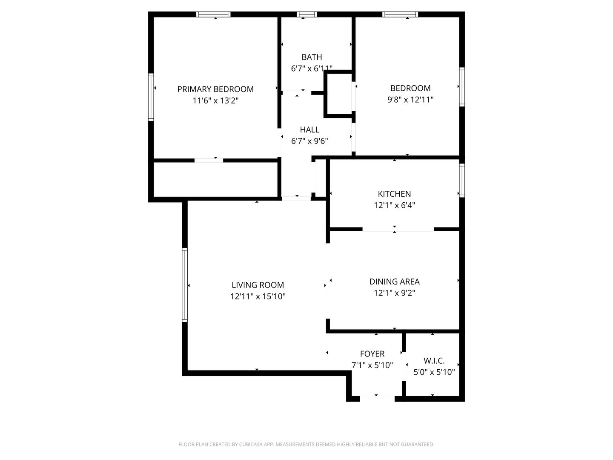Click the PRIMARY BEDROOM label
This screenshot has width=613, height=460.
click(215, 89)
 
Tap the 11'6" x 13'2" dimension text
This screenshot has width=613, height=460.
click(215, 101)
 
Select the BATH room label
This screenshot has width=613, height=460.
click(312, 57)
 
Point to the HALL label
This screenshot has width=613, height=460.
click(309, 129)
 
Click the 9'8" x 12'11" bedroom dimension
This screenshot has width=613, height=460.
click(410, 100)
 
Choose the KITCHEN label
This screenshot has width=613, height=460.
click(394, 194)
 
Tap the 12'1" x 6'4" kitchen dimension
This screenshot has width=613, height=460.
click(394, 205)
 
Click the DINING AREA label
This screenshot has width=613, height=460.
click(394, 282)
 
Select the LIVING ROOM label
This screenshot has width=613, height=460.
click(258, 285)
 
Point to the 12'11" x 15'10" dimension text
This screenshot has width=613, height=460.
click(258, 296)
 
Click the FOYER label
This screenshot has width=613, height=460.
click(372, 354)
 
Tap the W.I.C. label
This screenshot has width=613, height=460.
click(434, 361)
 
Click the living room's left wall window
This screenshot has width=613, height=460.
click(185, 285)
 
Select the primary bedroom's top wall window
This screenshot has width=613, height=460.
click(213, 14)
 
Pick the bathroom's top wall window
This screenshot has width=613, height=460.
click(306, 14)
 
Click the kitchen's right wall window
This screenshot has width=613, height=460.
click(462, 181)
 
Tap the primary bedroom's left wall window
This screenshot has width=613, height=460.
click(151, 97)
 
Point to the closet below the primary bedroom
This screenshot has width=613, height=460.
click(215, 180)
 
